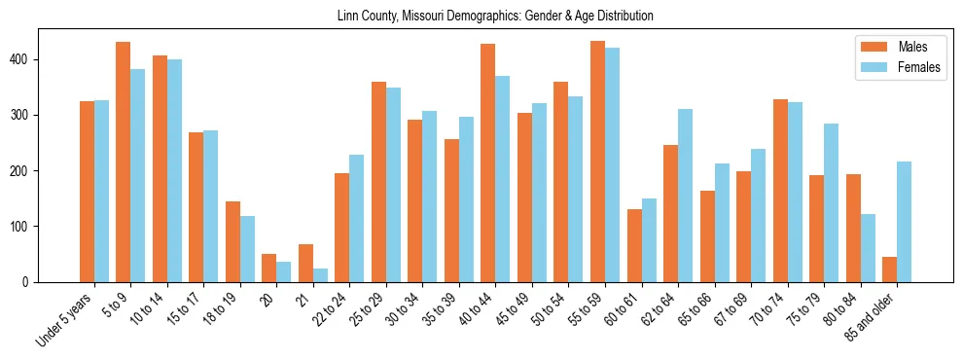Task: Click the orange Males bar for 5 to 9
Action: pyautogui.click(x=123, y=162)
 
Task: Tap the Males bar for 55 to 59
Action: pyautogui.click(x=597, y=162)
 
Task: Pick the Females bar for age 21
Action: pyautogui.click(x=320, y=275)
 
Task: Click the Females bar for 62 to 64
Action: pyautogui.click(x=685, y=196)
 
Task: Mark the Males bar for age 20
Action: pyautogui.click(x=268, y=268)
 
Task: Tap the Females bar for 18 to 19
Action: pyautogui.click(x=247, y=249)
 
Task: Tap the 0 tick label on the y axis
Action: pyautogui.click(x=29, y=282)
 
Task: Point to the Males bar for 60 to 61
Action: pyautogui.click(x=634, y=245)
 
